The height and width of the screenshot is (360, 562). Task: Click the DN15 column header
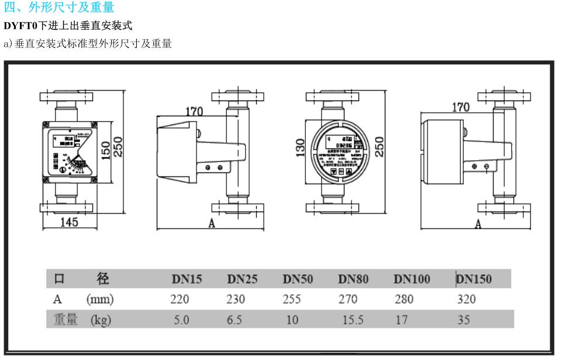[187, 279]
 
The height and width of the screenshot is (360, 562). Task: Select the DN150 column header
[474, 279]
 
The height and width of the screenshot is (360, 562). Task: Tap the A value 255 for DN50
[291, 299]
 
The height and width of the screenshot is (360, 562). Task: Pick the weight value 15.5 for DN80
[353, 320]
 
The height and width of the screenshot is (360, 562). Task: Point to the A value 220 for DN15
[180, 299]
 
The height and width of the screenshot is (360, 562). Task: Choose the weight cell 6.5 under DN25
[234, 320]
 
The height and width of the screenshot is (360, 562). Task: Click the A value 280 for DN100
[404, 299]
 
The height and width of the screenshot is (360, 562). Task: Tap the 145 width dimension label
[69, 222]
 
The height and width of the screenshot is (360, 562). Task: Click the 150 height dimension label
[105, 150]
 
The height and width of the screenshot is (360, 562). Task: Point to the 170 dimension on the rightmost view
[460, 108]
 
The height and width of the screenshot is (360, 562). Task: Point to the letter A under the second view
[212, 223]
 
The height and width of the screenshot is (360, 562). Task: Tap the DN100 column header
[411, 279]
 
